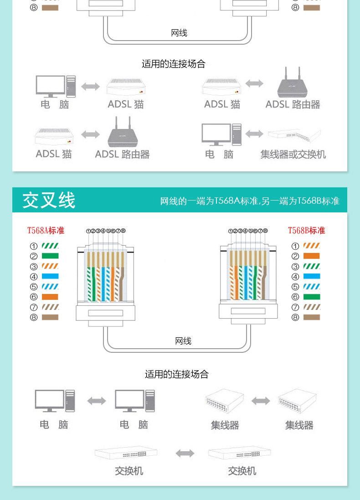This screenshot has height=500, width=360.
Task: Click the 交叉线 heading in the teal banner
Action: [x=49, y=200]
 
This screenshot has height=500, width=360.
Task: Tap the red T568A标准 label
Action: [x=46, y=231]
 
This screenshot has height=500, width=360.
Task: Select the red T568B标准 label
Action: [x=306, y=231]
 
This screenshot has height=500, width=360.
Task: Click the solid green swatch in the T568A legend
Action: [x=50, y=256]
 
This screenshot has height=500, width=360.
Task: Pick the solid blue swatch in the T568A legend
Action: [x=50, y=276]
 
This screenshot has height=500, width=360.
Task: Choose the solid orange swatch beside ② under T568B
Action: [x=312, y=256]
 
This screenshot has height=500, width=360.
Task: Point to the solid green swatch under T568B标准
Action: [x=312, y=297]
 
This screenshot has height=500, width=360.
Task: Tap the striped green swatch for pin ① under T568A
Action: [x=50, y=246]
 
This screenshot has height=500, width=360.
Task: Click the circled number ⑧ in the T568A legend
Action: [x=34, y=317]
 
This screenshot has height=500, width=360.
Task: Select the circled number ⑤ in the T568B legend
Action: [x=295, y=287]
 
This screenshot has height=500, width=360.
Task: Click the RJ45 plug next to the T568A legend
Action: [x=106, y=278]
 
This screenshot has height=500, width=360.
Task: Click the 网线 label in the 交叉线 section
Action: [x=183, y=341]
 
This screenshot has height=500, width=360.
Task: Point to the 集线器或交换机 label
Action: [x=293, y=155]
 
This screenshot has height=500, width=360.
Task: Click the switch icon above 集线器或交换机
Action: [x=294, y=134]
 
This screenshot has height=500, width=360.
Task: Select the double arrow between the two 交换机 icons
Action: [x=185, y=453]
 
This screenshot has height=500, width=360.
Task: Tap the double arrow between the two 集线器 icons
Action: [x=261, y=401]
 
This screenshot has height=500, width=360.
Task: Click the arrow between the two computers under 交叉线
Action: [x=97, y=401]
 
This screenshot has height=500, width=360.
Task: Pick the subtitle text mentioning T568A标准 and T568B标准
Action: [x=250, y=201]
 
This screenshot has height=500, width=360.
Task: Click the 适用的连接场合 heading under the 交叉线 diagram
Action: [x=177, y=374]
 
